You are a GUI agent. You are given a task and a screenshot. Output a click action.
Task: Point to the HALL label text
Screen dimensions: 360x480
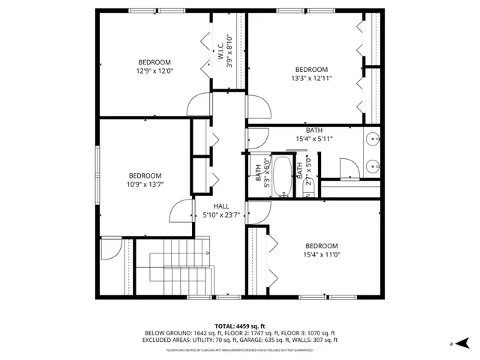tap(221, 206)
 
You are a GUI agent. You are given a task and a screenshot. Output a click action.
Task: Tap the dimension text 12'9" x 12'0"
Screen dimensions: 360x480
tap(154, 71)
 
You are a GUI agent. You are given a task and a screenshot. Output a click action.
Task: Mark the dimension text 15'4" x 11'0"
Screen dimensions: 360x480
tap(321, 255)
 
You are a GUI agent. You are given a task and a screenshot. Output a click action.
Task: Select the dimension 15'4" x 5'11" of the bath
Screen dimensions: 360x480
tap(314, 138)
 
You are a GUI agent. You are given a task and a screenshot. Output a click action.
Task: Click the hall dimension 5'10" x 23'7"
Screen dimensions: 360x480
tap(221, 215)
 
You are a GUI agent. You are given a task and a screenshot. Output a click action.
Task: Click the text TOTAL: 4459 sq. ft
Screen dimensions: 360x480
tap(240, 325)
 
